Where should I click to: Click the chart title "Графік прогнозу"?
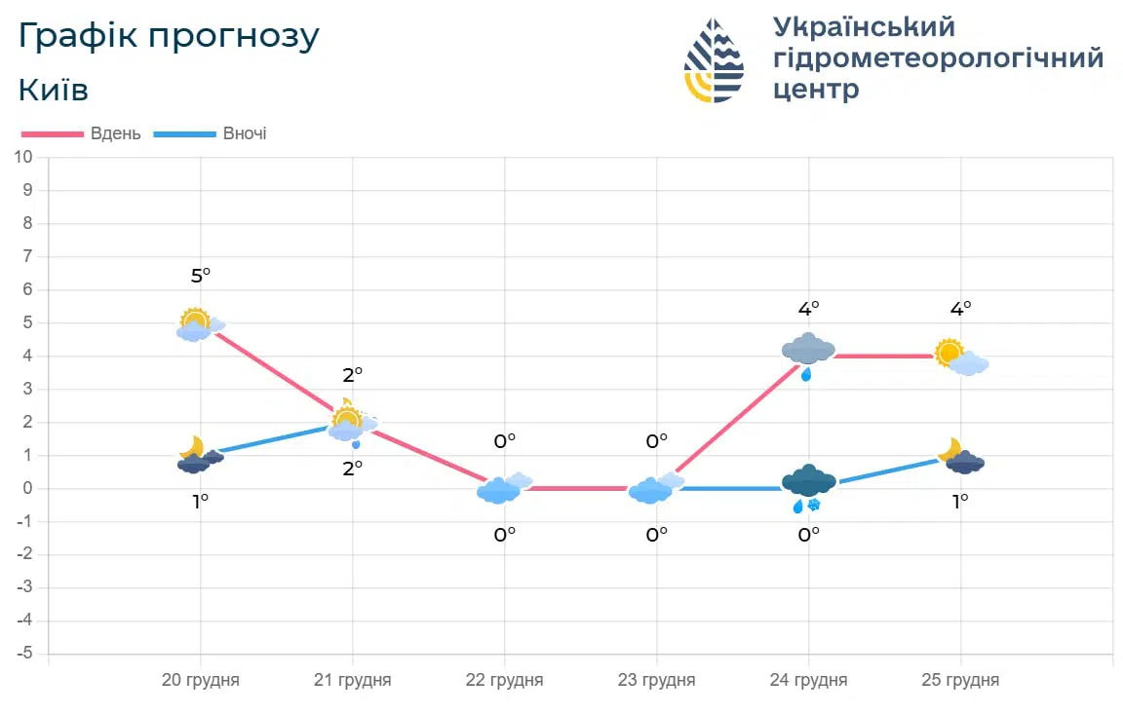[169, 37]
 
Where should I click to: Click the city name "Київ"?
[54, 91]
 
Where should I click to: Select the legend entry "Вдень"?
[116, 133]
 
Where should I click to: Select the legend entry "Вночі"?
[244, 133]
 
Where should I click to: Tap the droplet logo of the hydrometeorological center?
[715, 60]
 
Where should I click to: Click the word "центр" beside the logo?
[816, 91]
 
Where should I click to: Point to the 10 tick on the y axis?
[23, 157]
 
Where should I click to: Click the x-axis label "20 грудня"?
[200, 680]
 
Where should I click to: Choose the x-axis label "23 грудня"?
[656, 680]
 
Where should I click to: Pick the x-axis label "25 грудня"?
[960, 680]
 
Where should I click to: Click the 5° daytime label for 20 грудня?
[200, 277]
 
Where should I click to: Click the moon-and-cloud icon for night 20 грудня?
[199, 456]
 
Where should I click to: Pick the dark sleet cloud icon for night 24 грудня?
[808, 485]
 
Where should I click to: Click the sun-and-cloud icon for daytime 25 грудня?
[960, 357]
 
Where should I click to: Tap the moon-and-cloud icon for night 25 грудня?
[960, 456]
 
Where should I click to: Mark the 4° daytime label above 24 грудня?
[808, 309]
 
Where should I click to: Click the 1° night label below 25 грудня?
[960, 502]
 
